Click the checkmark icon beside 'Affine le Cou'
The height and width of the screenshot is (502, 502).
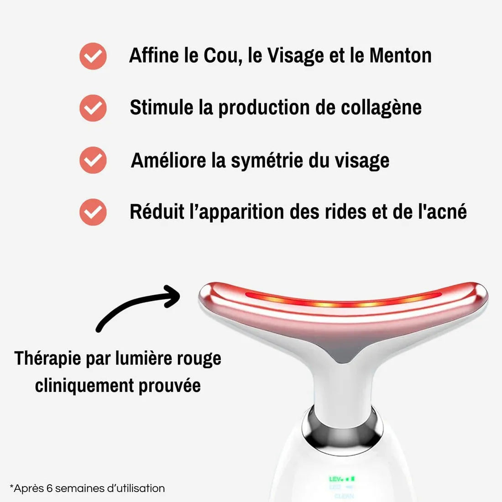click(93, 56)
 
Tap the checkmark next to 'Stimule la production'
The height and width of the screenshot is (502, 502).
click(93, 108)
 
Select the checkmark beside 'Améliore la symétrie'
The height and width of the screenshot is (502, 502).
click(93, 160)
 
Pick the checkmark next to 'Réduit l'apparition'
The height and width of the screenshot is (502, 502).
click(93, 212)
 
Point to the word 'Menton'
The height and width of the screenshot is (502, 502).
click(400, 56)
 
